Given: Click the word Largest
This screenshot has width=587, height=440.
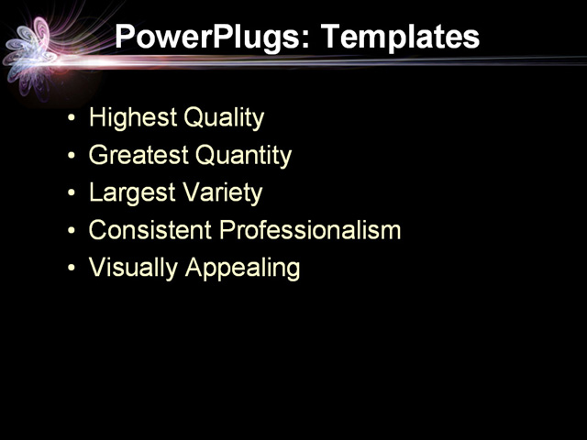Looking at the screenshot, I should pyautogui.click(x=131, y=193).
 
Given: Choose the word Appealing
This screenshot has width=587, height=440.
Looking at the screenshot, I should pyautogui.click(x=242, y=268).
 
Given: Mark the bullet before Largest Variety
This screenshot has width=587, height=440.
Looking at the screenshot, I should pyautogui.click(x=72, y=194).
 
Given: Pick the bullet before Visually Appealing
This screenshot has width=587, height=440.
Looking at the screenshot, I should pyautogui.click(x=72, y=269).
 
